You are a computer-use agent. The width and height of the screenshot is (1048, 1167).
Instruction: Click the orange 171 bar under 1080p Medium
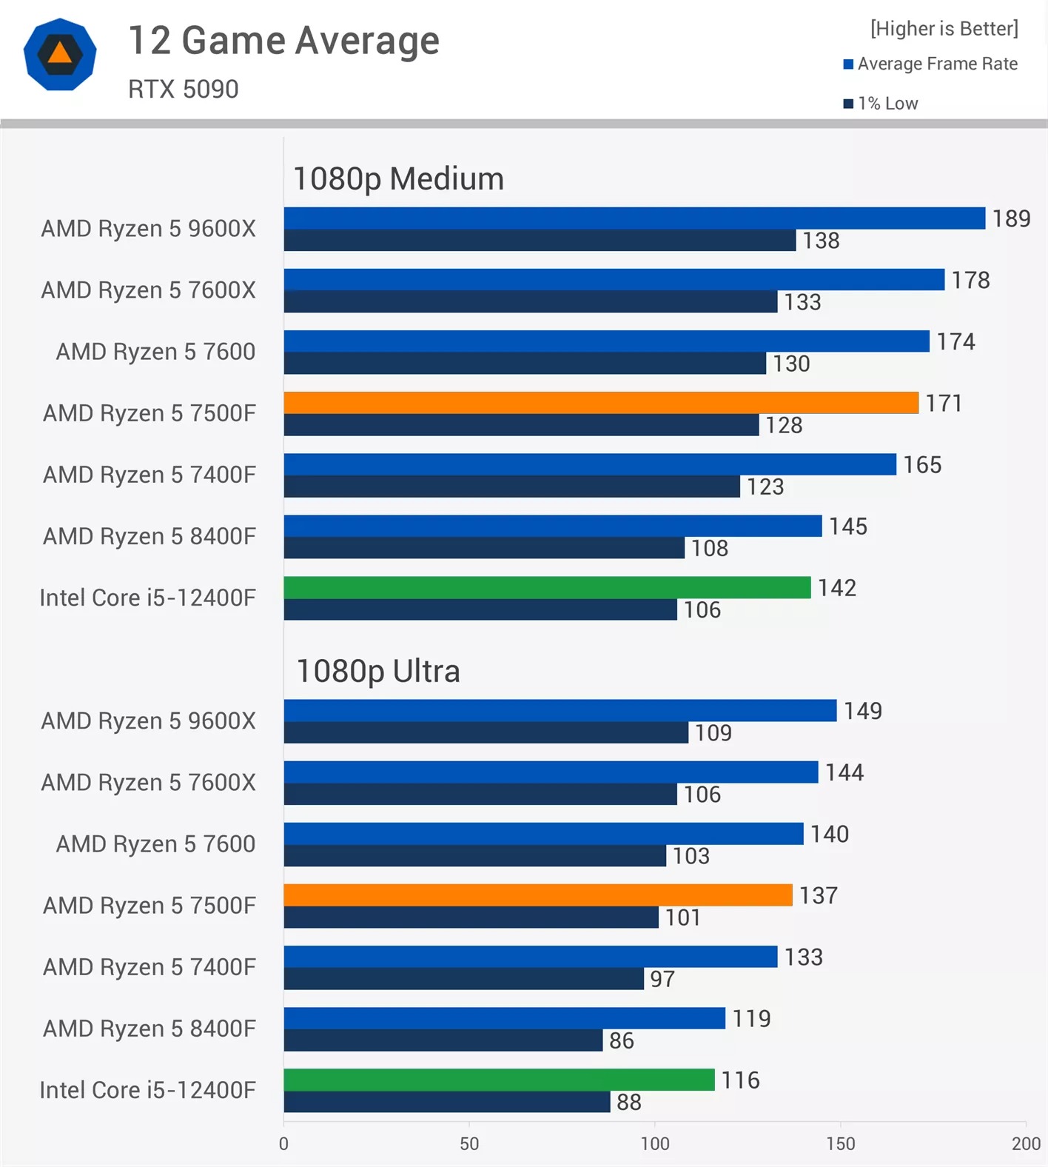600,403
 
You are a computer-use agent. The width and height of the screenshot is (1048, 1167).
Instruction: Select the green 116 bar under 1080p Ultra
499,1080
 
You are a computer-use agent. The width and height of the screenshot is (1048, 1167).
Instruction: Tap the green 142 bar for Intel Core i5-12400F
547,587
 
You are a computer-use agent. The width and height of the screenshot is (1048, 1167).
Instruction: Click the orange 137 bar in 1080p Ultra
537,895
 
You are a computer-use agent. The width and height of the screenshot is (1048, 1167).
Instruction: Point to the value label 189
1011,218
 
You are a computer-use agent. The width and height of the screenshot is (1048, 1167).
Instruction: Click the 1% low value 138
821,241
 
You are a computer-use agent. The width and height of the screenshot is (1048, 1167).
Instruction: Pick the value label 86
622,1040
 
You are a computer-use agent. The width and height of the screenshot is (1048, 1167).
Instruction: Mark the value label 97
662,979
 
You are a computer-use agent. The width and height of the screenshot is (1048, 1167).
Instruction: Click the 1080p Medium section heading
398,179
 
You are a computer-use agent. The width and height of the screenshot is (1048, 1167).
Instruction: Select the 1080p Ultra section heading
378,672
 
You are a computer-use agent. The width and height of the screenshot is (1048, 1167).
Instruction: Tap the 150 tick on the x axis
841,1143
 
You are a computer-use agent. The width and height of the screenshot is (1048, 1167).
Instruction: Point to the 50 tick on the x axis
469,1143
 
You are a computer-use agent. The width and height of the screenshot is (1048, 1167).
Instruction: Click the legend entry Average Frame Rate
930,64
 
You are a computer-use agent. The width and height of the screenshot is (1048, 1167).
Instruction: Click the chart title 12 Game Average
283,41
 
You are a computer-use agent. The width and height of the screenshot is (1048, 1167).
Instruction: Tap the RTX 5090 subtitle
183,90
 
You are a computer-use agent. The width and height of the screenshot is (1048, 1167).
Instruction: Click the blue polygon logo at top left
60,54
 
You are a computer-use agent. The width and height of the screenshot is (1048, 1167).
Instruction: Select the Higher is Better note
944,29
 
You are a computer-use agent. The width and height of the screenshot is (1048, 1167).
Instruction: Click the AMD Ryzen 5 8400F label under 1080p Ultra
149,1029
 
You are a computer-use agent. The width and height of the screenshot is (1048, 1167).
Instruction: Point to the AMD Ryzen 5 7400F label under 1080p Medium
149,475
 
